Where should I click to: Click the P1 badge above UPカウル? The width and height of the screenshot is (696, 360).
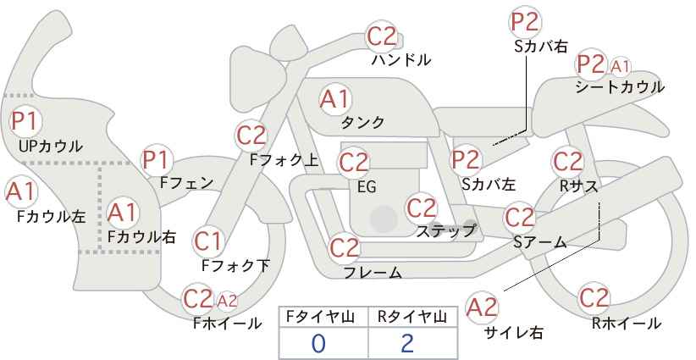(x=24, y=120)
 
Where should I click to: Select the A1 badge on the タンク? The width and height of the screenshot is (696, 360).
(x=334, y=98)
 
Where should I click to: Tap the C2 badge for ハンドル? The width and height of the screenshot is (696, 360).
(x=381, y=36)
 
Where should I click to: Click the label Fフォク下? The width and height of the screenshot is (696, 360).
(x=235, y=265)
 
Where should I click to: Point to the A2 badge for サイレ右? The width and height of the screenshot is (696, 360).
(x=483, y=307)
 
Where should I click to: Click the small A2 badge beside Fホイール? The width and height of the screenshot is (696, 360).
(x=227, y=299)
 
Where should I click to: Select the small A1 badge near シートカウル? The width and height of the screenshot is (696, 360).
(x=621, y=65)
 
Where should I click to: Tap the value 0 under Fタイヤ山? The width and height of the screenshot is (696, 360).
(x=318, y=343)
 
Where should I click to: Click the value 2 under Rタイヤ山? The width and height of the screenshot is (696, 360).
(x=407, y=343)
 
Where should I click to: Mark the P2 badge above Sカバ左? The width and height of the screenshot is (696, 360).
(x=465, y=158)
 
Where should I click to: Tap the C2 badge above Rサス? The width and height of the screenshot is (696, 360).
(x=567, y=161)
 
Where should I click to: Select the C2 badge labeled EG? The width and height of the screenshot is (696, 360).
(x=354, y=161)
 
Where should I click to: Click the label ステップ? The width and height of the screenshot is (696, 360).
(x=446, y=230)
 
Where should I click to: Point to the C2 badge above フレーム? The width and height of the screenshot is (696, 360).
(x=345, y=248)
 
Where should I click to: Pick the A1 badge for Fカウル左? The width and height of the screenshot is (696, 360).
(x=20, y=191)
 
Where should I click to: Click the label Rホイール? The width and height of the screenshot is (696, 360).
(x=626, y=323)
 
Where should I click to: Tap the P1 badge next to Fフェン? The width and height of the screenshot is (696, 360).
(x=157, y=158)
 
